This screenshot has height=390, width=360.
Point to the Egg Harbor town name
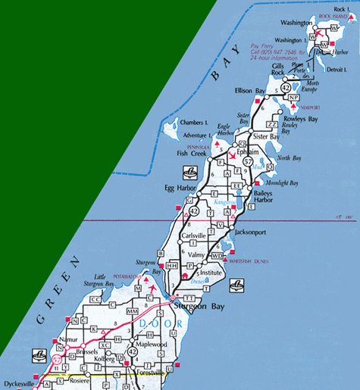(180, 186)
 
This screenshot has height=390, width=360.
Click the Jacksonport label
(253, 231)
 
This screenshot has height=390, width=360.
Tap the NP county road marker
(293, 98)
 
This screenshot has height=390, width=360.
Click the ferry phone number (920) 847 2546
(280, 53)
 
